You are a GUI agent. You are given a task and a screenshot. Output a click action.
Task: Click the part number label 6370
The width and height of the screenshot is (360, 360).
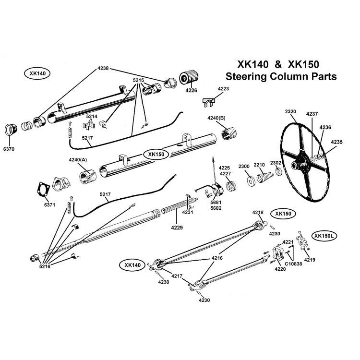(x=10, y=149)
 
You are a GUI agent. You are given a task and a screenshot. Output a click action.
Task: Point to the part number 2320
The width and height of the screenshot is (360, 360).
(x=291, y=111)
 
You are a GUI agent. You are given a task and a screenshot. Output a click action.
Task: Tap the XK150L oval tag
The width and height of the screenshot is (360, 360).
(x=324, y=236)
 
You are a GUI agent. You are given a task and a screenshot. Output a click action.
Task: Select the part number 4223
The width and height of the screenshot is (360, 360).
(x=224, y=89)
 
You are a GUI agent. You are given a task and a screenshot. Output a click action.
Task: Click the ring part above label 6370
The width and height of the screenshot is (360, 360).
(x=11, y=130)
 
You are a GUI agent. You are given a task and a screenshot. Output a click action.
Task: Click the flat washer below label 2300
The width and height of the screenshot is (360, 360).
(x=251, y=182)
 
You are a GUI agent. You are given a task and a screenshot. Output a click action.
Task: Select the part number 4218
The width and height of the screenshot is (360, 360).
(x=258, y=212)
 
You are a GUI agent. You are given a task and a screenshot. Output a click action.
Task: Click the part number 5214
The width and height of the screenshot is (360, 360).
(x=92, y=117)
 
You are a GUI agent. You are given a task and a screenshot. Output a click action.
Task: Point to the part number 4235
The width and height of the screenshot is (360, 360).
(x=336, y=142)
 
